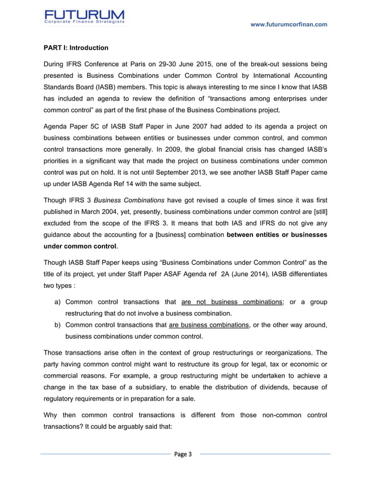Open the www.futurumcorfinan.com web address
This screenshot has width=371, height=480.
287,24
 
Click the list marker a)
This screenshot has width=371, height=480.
58,302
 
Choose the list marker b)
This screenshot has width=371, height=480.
58,325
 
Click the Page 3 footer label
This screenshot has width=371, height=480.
185,454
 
